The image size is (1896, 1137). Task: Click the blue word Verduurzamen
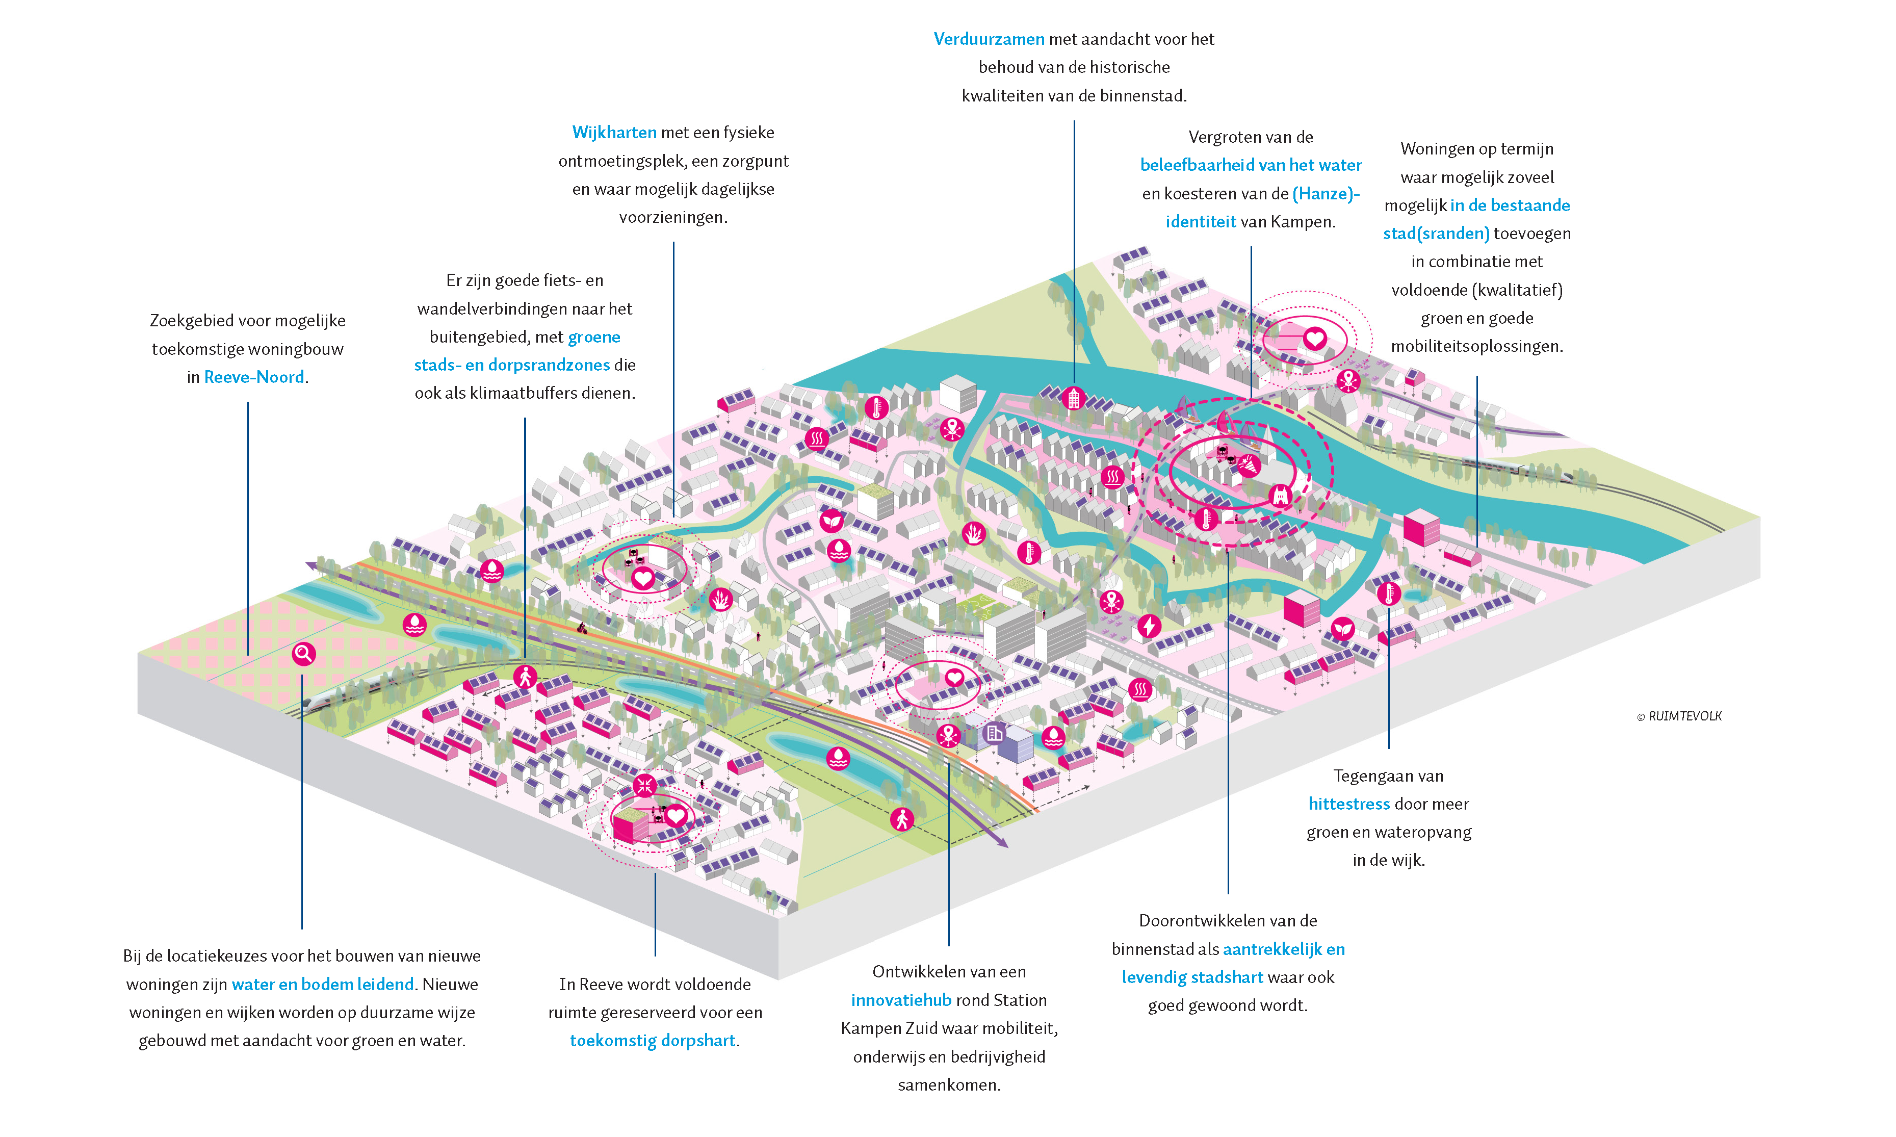988,39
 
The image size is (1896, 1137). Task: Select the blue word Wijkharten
614,133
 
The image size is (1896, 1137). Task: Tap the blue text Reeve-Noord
253,377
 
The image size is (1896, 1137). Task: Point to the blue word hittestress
1348,804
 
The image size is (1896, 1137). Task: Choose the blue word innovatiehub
901,1000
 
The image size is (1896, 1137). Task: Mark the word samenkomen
948,1085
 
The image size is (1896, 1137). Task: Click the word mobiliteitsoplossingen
1476,346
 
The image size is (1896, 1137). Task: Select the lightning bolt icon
1148,626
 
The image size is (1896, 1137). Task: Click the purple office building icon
994,733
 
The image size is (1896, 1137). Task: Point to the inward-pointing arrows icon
645,785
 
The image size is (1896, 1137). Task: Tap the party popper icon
1249,465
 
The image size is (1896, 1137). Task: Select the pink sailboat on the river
1224,421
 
